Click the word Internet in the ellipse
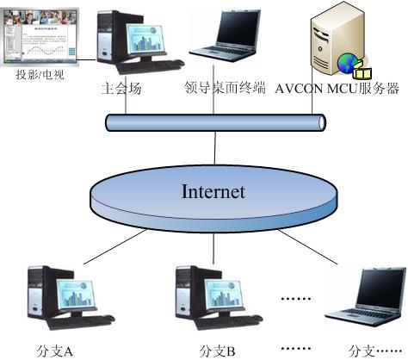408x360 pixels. click(x=213, y=191)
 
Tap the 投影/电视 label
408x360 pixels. click(x=40, y=75)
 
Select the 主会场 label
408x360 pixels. click(x=121, y=88)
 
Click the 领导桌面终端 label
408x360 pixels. click(x=225, y=88)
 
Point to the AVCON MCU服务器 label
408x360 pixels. click(x=337, y=89)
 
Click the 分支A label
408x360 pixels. click(x=54, y=351)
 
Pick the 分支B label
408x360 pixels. click(x=217, y=351)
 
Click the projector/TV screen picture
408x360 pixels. click(x=40, y=37)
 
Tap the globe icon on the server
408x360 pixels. click(x=347, y=63)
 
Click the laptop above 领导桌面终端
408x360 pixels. click(x=226, y=35)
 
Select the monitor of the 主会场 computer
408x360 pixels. click(x=145, y=39)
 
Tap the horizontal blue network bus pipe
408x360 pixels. click(x=216, y=122)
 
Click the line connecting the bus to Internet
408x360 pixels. click(x=215, y=148)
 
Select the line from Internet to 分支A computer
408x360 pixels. click(x=115, y=246)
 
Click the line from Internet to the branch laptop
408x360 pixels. click(x=307, y=246)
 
